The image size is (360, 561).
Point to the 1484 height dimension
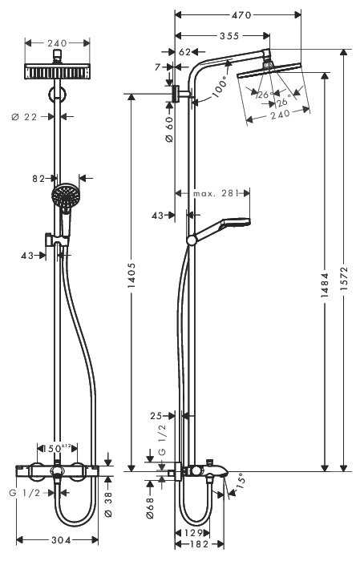click(x=325, y=272)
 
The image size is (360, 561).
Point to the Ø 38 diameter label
click(x=110, y=502)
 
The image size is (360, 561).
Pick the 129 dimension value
click(x=189, y=532)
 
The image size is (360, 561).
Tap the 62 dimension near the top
click(x=185, y=51)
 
